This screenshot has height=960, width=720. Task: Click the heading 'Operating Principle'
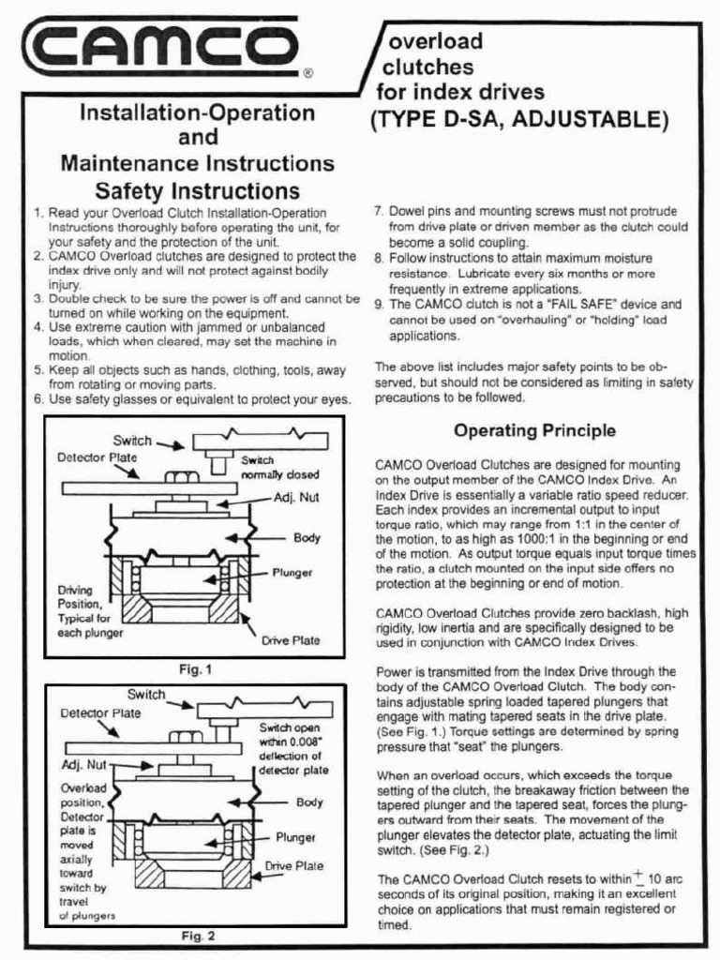coord(534,431)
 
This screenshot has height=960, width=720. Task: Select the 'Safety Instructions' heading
coord(197,191)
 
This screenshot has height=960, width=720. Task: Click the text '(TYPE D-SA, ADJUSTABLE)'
coord(521,120)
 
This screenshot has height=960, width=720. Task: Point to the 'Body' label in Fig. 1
coord(307,538)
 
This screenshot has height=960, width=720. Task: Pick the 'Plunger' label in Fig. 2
coord(295,837)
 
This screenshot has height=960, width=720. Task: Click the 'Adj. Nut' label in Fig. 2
coord(85,765)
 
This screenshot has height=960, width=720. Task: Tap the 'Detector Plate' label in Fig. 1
coord(97,457)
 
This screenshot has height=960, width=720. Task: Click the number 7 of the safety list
coord(379,212)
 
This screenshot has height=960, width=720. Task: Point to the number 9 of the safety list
coord(379,305)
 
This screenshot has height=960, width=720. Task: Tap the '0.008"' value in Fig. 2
coord(309,742)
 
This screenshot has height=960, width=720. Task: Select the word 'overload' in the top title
coord(436,42)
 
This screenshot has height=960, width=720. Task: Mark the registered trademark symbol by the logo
coord(308,71)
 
